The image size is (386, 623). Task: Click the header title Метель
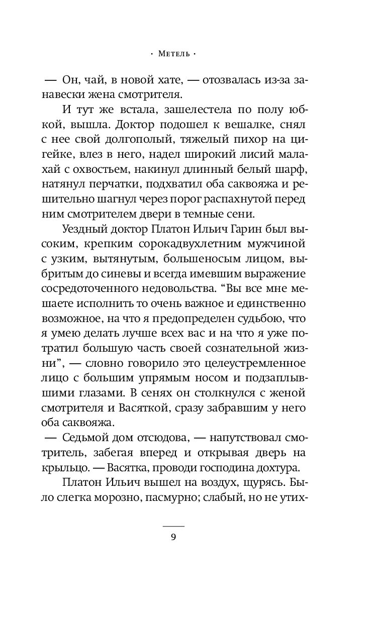[173, 53]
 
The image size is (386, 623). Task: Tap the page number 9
[173, 537]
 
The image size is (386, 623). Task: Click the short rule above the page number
[173, 526]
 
